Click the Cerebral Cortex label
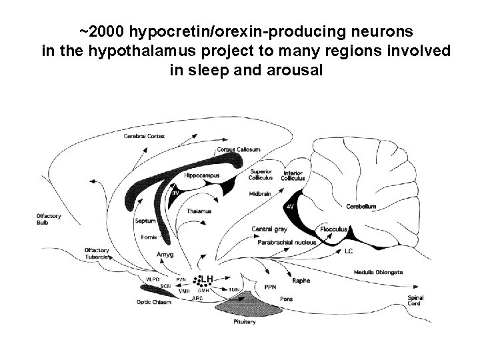click(143, 136)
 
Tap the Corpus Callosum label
click(233, 150)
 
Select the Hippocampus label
click(201, 175)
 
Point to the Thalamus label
click(199, 211)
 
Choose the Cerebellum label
click(361, 206)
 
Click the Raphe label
click(301, 281)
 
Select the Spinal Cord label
click(415, 301)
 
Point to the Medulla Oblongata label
click(379, 272)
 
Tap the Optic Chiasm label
click(154, 302)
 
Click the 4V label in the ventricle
click(290, 207)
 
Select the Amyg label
click(164, 254)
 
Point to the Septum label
click(145, 221)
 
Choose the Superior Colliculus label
click(261, 175)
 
